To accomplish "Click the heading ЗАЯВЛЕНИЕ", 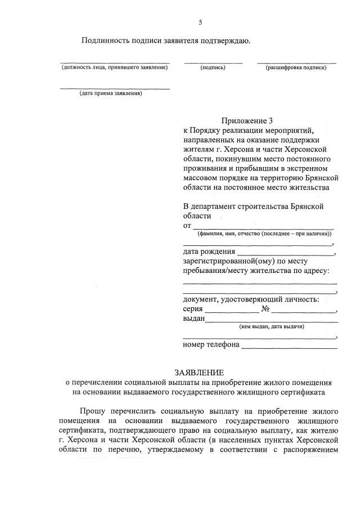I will pyautogui.click(x=199, y=372).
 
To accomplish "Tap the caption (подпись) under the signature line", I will pyautogui.click(x=213, y=68).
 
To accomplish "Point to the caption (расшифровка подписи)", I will pyautogui.click(x=297, y=68).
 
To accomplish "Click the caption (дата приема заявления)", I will pyautogui.click(x=111, y=93).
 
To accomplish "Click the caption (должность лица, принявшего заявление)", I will pyautogui.click(x=115, y=68).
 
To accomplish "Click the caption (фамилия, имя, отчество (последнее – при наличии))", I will pyautogui.click(x=264, y=234).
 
